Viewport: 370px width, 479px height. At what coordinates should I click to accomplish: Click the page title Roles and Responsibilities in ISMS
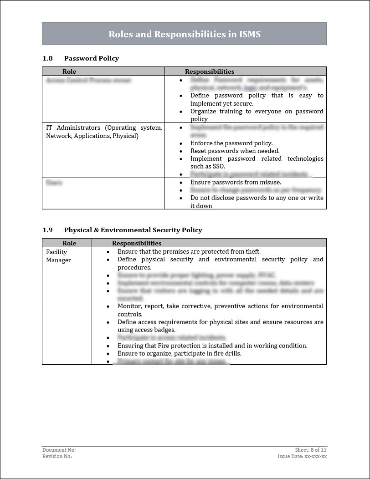coord(184,34)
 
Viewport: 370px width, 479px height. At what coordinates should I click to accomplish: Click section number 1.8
coord(47,58)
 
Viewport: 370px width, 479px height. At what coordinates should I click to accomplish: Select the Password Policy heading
coord(92,58)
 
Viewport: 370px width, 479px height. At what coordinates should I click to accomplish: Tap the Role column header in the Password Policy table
coord(69,71)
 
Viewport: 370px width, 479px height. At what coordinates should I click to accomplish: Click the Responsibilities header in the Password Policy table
coord(210,71)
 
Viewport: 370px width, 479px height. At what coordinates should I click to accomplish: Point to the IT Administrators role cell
coord(104,132)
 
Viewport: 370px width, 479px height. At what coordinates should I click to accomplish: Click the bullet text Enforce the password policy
coord(231,143)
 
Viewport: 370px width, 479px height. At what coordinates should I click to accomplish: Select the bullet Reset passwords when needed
coord(235,151)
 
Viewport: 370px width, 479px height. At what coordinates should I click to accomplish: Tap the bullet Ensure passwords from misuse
coord(231,182)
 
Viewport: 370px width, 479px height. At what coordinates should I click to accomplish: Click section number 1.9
coord(47,230)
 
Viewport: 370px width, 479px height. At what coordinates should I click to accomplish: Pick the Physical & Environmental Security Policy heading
coord(133,230)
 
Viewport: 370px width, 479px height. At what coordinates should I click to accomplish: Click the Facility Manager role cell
coord(58,256)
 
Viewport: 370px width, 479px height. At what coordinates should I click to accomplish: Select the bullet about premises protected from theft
coord(189,251)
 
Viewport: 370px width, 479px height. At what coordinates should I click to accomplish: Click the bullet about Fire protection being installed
coord(212,346)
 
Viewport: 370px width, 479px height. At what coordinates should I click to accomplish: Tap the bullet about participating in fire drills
coord(180,353)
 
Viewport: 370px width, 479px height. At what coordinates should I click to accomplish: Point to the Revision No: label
coord(57,456)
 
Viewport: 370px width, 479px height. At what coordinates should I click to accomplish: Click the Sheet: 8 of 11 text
coord(311,450)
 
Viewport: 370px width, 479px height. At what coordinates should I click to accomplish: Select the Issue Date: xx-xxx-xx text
coord(302,456)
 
